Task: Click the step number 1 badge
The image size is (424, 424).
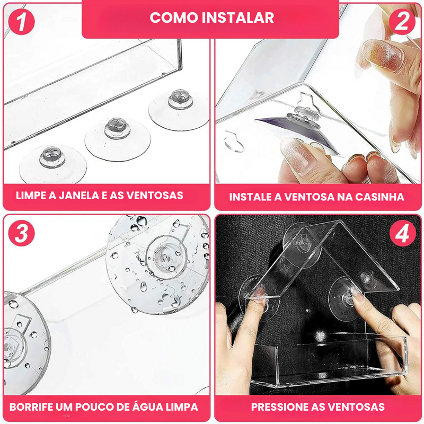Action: (x=21, y=22)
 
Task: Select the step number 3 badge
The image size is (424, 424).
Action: (x=21, y=233)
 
